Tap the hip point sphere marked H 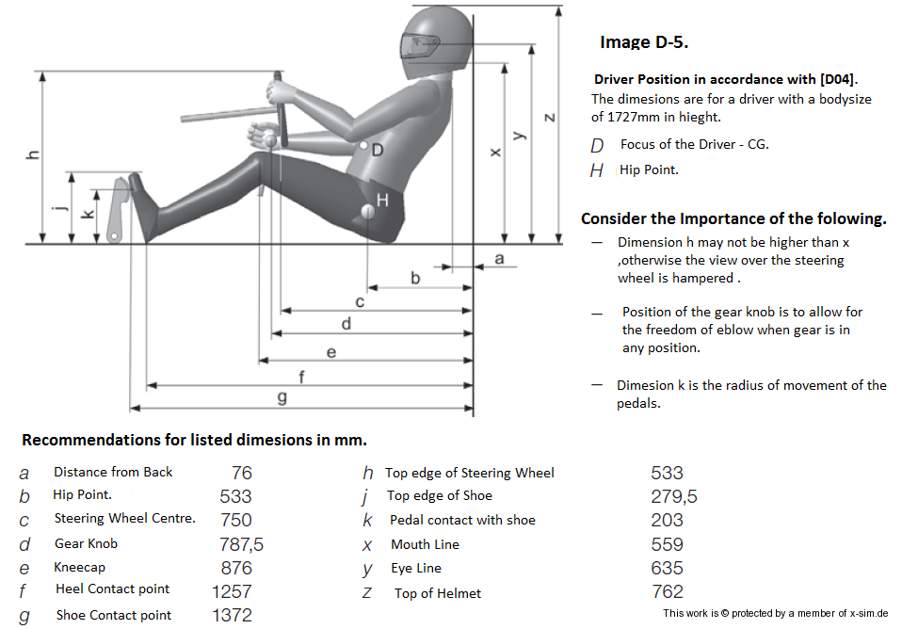367,212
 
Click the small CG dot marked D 363,146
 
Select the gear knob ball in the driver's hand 270,140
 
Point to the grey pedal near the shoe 118,211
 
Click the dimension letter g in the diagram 282,397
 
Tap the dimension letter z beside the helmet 549,118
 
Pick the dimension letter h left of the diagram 33,154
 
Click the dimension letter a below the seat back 499,258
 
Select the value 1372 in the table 232,615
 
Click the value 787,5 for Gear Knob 242,544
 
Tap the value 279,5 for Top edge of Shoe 673,496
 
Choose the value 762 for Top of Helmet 667,591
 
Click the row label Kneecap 79,568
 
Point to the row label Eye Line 416,569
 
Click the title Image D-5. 644,42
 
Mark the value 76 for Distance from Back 242,473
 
